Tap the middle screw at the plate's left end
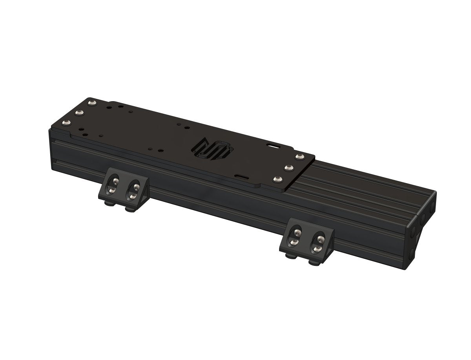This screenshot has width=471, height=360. click(81, 113)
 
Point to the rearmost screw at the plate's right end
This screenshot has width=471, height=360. click(300, 157)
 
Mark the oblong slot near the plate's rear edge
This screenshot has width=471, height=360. click(272, 146)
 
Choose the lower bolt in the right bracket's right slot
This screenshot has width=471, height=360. click(315, 249)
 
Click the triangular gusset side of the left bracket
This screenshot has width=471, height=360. click(146, 192)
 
